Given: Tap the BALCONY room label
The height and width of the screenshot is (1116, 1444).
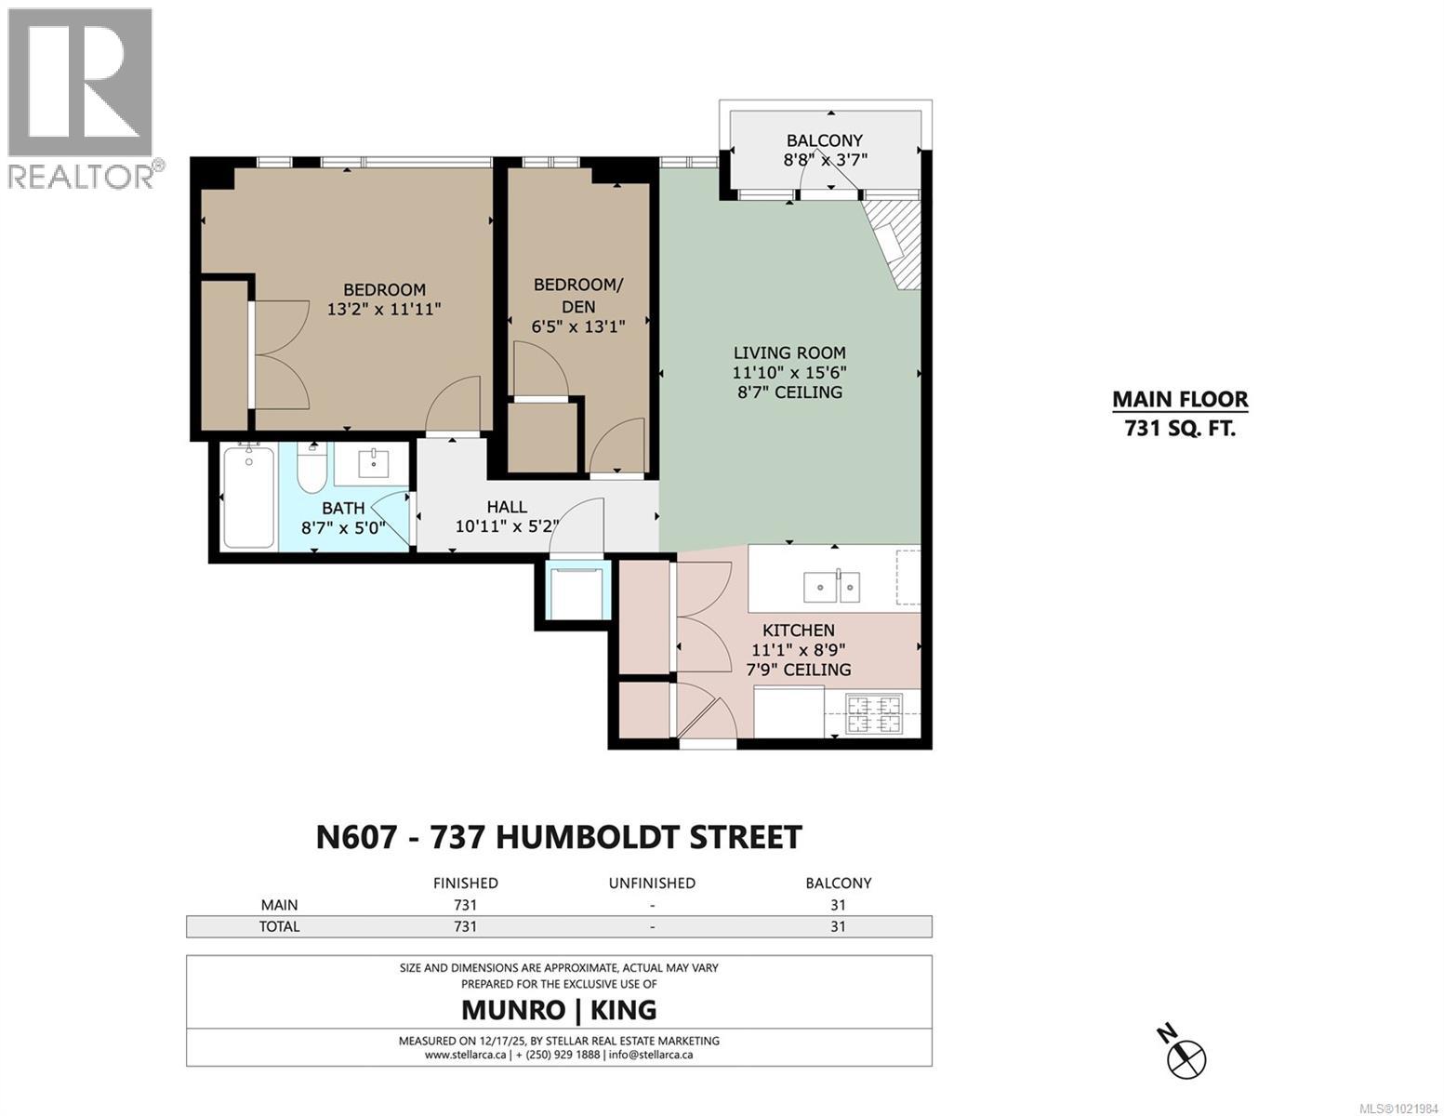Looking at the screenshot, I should [x=824, y=140].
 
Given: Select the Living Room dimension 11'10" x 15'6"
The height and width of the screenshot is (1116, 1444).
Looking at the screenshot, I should [x=788, y=372].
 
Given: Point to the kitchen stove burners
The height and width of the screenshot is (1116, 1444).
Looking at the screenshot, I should [x=874, y=713].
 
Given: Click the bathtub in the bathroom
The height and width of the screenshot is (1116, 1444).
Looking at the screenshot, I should [x=249, y=498].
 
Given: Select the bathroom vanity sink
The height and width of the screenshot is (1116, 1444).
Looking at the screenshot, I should [x=372, y=462].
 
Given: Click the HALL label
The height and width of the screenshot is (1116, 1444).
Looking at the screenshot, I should [x=507, y=507].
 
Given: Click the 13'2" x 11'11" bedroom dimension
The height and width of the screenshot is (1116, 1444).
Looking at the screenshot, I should [x=384, y=309].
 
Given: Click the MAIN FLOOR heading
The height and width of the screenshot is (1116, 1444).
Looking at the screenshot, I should [x=1180, y=400].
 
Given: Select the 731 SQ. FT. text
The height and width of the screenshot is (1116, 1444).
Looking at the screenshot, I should [x=1180, y=429].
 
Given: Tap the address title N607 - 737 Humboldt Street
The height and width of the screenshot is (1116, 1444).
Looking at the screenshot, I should [x=559, y=836].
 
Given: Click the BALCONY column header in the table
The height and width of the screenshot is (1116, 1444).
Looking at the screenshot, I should [x=838, y=883].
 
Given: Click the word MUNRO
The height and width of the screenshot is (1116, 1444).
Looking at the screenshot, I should [x=513, y=1009].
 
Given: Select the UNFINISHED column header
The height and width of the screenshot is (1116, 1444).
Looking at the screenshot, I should [x=652, y=883].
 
